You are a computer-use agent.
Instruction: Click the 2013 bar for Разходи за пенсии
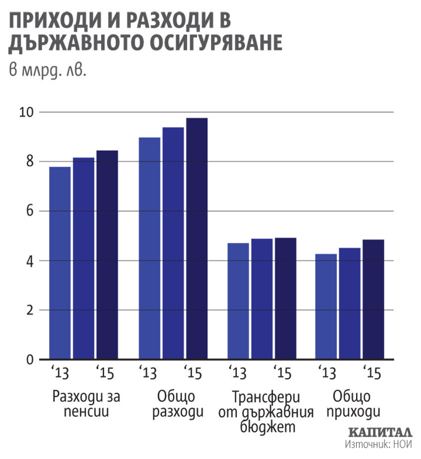click(x=60, y=263)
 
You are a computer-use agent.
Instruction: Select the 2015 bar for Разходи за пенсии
click(x=107, y=255)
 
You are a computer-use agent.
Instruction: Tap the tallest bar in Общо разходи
click(x=197, y=238)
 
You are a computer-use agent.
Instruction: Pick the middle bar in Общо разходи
click(x=173, y=243)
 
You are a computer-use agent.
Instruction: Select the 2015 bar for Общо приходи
click(x=373, y=299)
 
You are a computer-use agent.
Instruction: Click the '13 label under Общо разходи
click(x=147, y=372)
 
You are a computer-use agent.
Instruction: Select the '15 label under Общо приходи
click(x=371, y=372)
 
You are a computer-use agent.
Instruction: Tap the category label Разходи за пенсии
click(x=87, y=404)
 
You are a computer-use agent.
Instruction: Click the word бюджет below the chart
click(x=266, y=426)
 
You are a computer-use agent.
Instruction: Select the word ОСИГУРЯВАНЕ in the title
click(x=210, y=43)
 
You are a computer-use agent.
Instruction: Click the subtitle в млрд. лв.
click(x=48, y=70)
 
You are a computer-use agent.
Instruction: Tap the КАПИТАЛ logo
click(x=380, y=432)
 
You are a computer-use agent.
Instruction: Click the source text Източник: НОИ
click(x=378, y=444)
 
